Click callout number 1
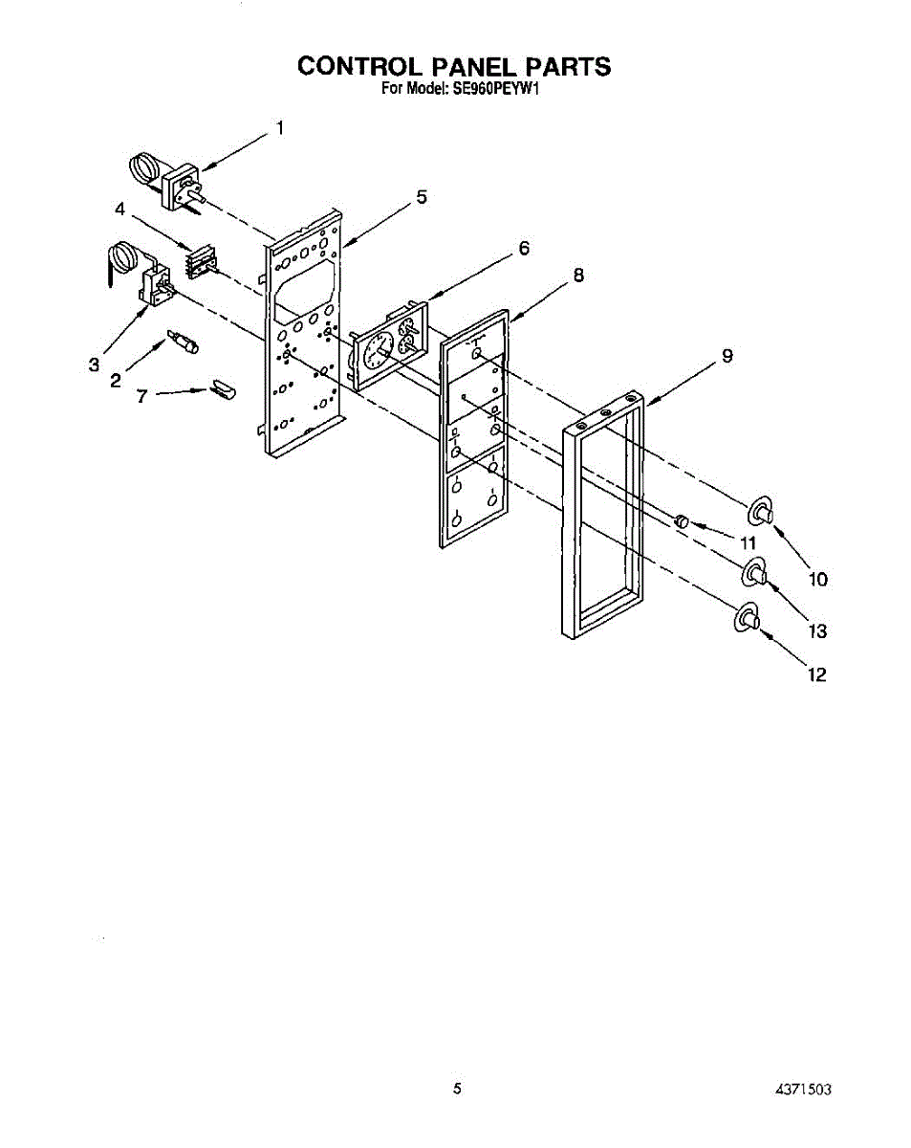tap(280, 127)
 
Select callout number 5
tap(421, 197)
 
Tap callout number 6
tap(523, 248)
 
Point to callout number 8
tap(577, 275)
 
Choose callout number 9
tap(727, 357)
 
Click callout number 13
tap(817, 630)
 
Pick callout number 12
tap(816, 674)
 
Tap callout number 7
tap(141, 394)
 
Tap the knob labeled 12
tap(746, 619)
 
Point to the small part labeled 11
tap(682, 520)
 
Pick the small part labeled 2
tap(183, 342)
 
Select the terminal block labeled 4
tap(201, 261)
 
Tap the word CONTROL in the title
tap(358, 66)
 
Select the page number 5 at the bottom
tap(458, 1088)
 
